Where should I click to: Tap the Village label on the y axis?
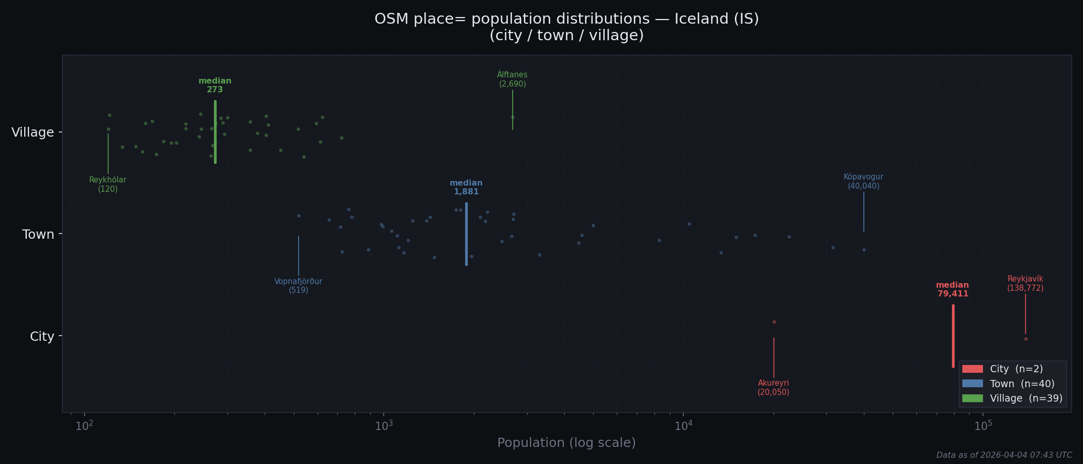pyautogui.click(x=32, y=132)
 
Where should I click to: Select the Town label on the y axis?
pyautogui.click(x=38, y=235)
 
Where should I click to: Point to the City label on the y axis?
pyautogui.click(x=42, y=337)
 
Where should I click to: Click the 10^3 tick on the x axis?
pyautogui.click(x=384, y=426)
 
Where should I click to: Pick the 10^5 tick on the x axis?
pyautogui.click(x=983, y=426)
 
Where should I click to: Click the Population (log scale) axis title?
pyautogui.click(x=566, y=443)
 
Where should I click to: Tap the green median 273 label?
pyautogui.click(x=215, y=86)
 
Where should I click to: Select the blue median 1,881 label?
pyautogui.click(x=466, y=188)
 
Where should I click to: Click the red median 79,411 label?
pyautogui.click(x=953, y=290)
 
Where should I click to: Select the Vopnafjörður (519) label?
pyautogui.click(x=298, y=286)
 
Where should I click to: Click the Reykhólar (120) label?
pyautogui.click(x=108, y=185)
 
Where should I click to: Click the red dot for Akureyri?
pyautogui.click(x=774, y=322)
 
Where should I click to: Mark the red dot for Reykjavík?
pyautogui.click(x=1026, y=339)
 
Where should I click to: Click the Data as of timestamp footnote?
pyautogui.click(x=1004, y=455)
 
